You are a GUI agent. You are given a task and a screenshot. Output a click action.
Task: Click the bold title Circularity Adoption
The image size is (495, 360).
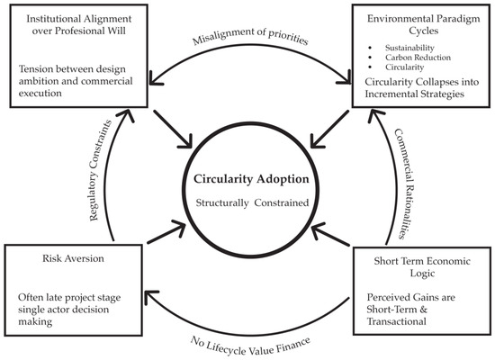[251, 179]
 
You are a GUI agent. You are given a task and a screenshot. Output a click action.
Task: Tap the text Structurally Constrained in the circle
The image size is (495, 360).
[252, 202]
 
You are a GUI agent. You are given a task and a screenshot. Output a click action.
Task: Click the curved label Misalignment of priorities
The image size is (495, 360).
[250, 36]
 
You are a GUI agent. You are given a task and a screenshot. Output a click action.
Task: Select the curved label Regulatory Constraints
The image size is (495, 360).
[101, 170]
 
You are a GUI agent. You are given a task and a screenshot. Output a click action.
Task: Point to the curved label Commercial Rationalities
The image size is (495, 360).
[404, 184]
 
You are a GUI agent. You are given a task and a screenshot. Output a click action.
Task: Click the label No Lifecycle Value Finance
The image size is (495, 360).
[250, 346]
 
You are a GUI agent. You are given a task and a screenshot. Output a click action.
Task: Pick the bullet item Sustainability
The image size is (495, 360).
[409, 48]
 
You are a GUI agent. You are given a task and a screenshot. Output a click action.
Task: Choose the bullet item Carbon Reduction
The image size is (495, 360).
[418, 58]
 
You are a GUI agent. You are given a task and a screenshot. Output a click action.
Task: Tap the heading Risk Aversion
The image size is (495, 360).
[73, 258]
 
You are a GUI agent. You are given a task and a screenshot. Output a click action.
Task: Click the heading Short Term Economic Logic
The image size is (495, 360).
[422, 267]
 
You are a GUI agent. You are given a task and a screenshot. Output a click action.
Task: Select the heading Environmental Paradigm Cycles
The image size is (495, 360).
[423, 24]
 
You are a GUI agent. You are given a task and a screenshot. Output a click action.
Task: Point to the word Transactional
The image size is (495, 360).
[397, 321]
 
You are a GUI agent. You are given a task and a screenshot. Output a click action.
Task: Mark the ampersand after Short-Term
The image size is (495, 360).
[423, 310]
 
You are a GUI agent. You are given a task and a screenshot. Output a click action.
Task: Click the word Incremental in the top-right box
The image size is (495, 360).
[392, 94]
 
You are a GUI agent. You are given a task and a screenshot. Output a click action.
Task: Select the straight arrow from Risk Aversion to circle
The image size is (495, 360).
[166, 232]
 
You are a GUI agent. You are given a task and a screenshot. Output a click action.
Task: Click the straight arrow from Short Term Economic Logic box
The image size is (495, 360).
[330, 235]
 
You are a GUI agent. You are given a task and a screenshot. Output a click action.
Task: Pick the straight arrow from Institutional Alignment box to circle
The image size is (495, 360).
[173, 129]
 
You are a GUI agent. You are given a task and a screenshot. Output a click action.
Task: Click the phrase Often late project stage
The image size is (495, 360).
[69, 298]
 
